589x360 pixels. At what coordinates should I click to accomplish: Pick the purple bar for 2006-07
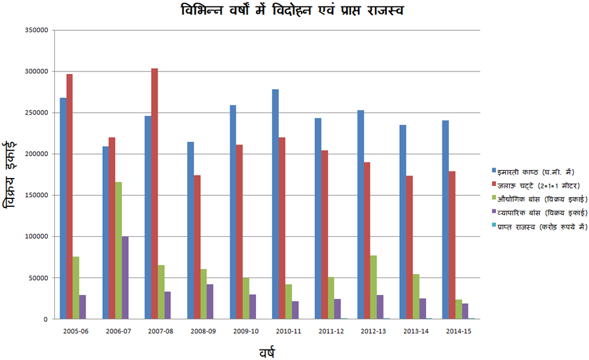click(x=125, y=278)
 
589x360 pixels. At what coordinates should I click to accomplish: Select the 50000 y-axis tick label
click(x=40, y=278)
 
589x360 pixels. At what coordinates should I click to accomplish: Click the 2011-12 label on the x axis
click(x=331, y=331)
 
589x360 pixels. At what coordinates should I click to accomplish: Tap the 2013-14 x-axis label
click(x=416, y=331)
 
